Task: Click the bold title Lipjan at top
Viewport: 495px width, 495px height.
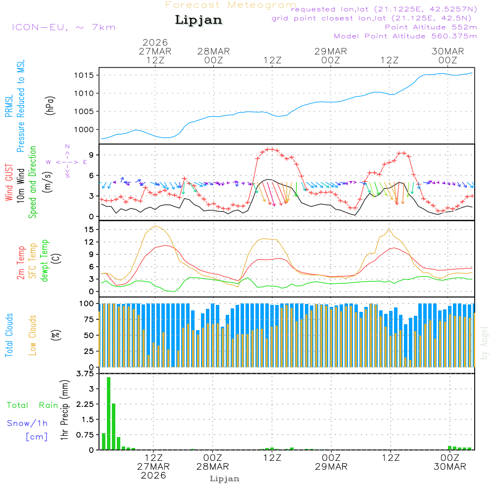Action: pos(198,20)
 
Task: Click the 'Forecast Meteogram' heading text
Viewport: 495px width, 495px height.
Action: pos(231,5)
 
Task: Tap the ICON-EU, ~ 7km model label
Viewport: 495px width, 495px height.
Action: pos(63,27)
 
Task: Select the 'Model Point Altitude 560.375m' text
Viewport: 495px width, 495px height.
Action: pos(405,36)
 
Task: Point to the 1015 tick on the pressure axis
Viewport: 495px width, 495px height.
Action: pos(84,75)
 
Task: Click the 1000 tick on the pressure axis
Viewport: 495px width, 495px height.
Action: pos(84,130)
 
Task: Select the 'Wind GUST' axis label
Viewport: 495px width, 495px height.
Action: pos(9,183)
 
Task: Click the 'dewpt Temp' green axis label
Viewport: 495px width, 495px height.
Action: pos(45,261)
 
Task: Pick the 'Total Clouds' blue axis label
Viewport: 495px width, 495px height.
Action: pos(9,335)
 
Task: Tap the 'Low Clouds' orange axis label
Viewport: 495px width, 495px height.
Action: pos(33,335)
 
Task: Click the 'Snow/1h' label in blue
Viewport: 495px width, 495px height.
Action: pos(27,423)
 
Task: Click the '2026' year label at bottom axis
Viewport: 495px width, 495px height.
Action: pos(153,475)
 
